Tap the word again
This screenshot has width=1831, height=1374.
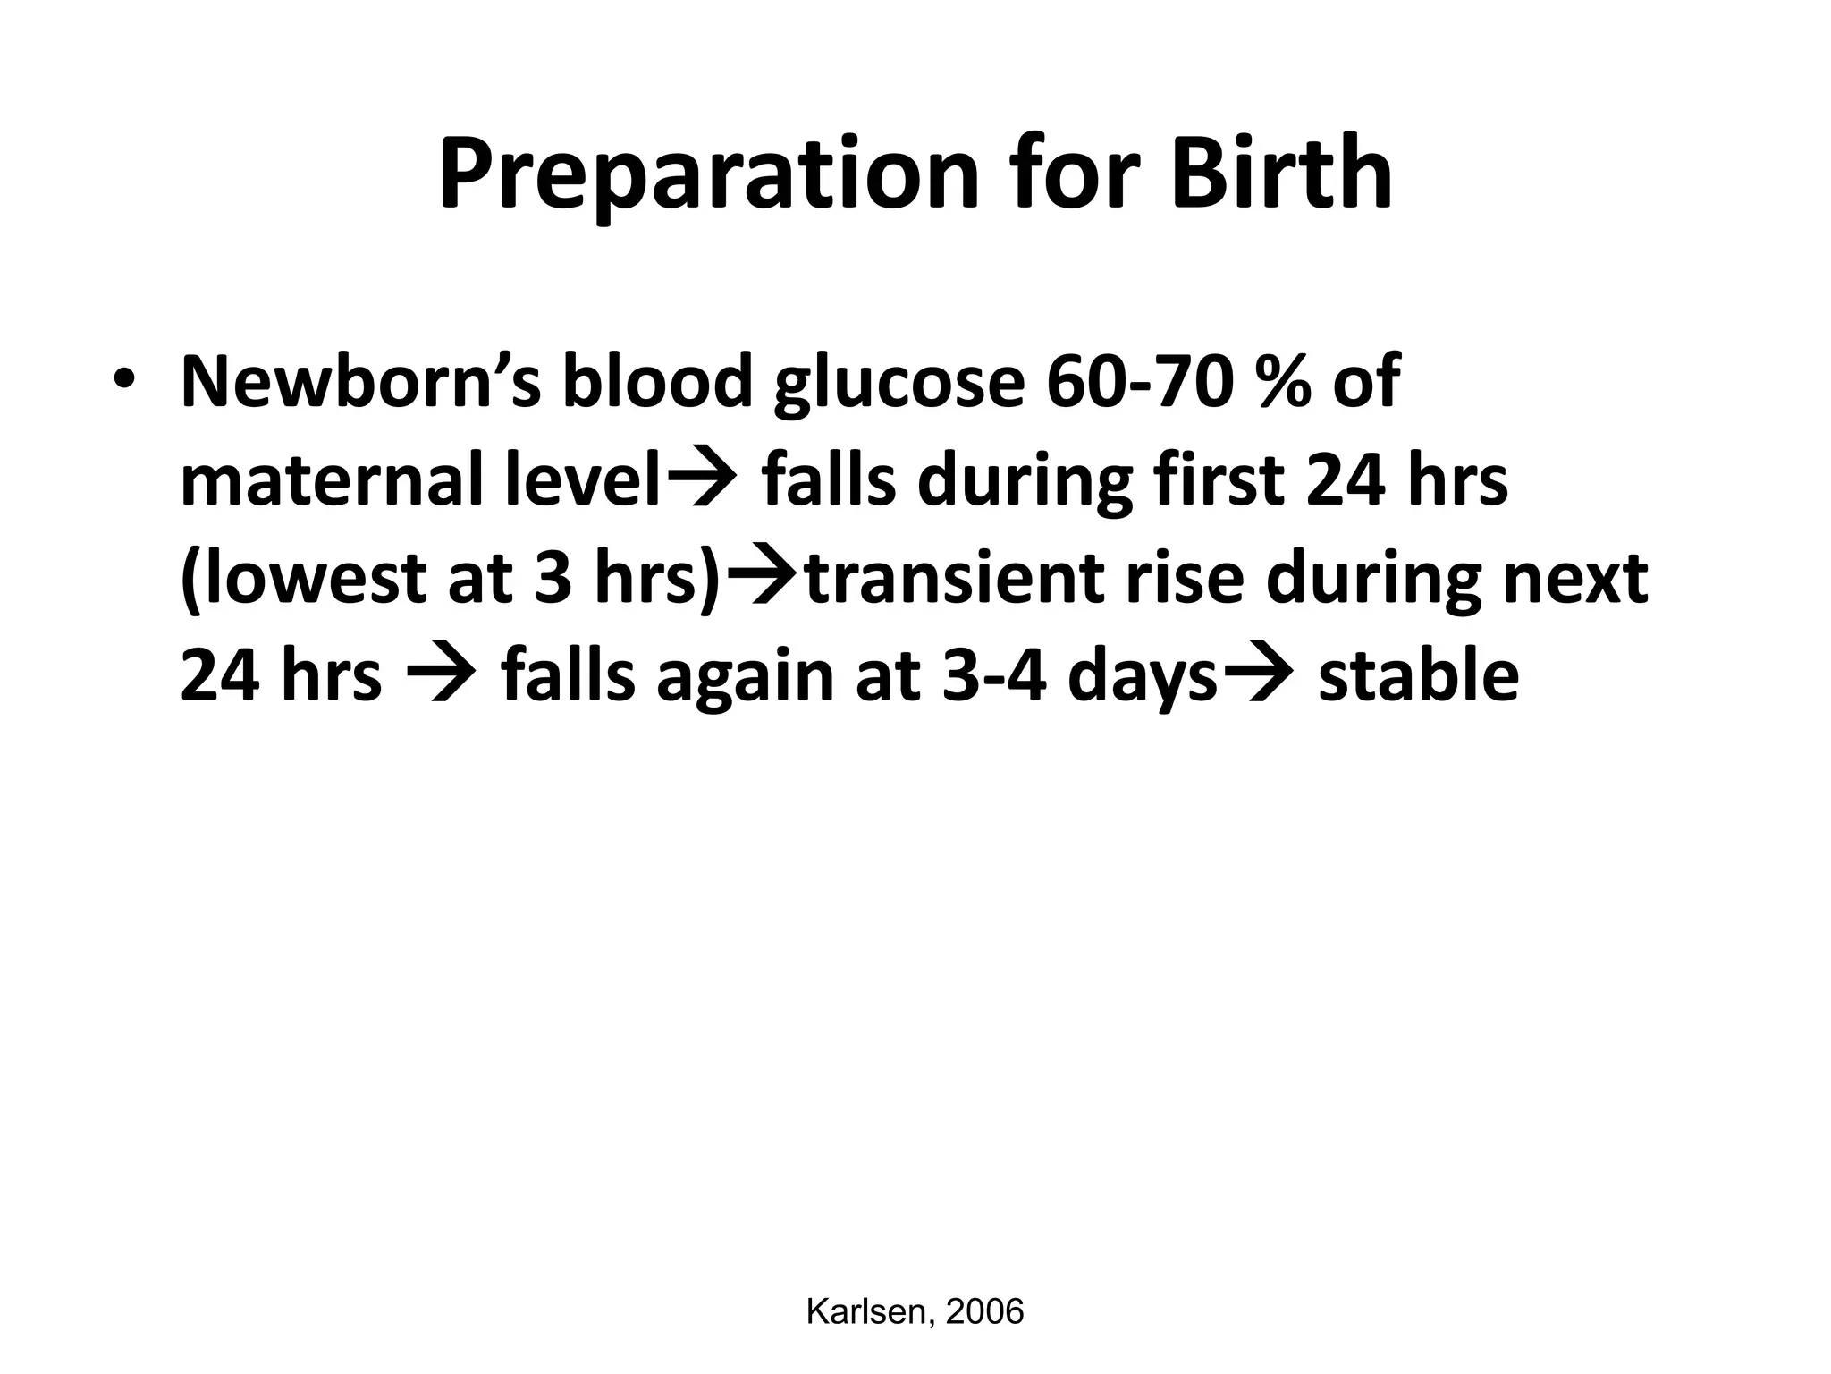point(746,679)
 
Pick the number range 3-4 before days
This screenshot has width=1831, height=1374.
point(993,677)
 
